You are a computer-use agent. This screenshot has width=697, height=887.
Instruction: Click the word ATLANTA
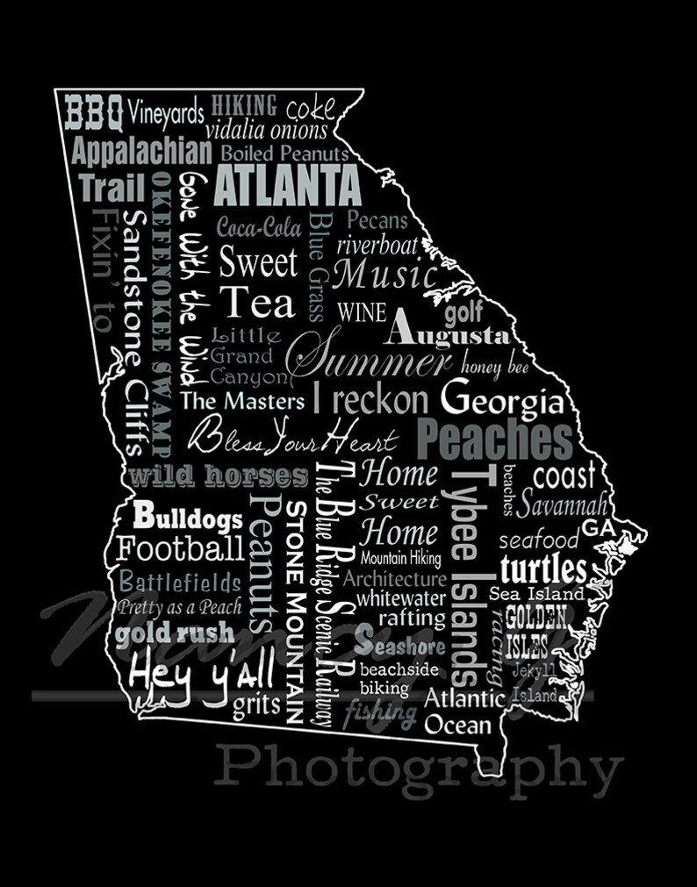(288, 185)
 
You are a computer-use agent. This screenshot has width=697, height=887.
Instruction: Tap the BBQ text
(94, 112)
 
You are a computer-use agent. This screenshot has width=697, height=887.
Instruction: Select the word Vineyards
(166, 112)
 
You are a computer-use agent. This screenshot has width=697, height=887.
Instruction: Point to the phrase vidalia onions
(267, 131)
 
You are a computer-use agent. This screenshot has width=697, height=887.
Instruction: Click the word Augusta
(446, 333)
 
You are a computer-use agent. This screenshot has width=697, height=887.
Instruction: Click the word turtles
(543, 568)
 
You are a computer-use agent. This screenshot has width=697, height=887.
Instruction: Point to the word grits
(256, 705)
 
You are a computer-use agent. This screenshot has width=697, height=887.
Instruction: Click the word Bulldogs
(187, 517)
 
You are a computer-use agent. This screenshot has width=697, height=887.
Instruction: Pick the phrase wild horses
(219, 477)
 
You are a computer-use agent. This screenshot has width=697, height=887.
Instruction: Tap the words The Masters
(242, 402)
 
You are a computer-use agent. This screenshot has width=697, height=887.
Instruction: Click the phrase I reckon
(370, 400)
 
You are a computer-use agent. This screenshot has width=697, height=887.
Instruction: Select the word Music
(386, 275)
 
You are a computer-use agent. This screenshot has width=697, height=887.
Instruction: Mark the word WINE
(362, 311)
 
